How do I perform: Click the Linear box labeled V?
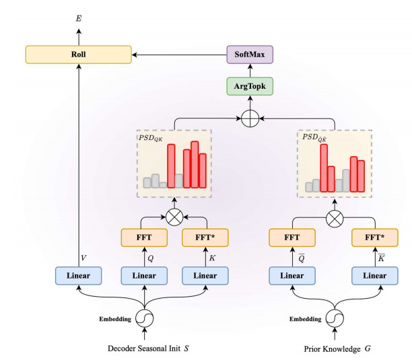[x=79, y=275]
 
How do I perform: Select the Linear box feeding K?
[x=205, y=275]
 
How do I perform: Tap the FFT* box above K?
[x=205, y=238]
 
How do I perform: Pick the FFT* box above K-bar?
[x=374, y=238]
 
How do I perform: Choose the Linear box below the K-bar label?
[x=374, y=275]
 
